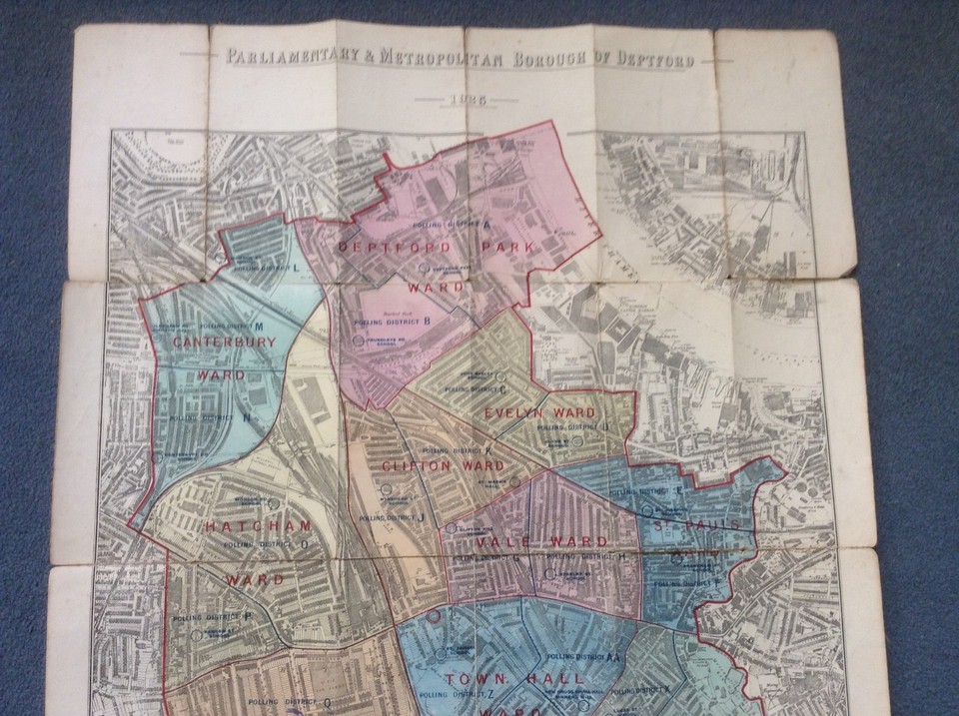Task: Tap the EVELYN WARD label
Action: [x=539, y=412]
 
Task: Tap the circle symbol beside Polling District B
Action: [x=357, y=341]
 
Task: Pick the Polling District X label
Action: [x=646, y=689]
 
